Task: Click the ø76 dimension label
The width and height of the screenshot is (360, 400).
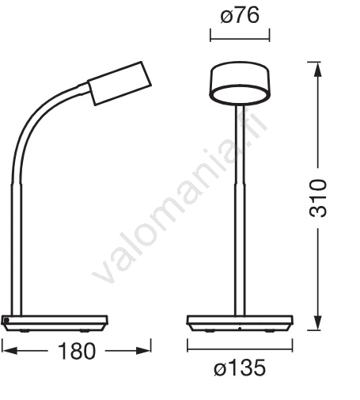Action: point(240,16)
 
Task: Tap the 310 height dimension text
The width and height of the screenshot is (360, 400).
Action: point(317,198)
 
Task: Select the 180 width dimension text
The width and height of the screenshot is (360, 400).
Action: point(77,351)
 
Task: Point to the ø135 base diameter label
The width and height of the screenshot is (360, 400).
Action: point(240,368)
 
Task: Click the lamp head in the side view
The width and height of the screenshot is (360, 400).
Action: point(119,83)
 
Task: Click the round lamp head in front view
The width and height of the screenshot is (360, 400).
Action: point(240,82)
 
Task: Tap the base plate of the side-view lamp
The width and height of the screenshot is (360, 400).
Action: point(55,323)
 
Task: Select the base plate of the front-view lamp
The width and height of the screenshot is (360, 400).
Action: point(240,323)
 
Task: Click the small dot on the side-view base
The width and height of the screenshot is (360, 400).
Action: point(6,320)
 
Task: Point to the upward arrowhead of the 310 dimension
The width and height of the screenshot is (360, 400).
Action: point(318,70)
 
